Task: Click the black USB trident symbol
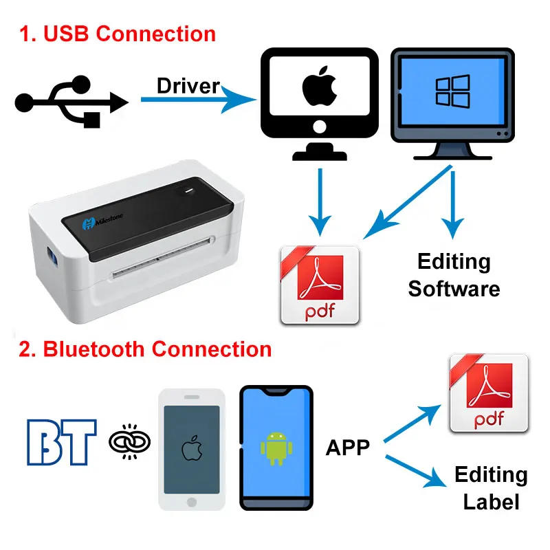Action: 71,102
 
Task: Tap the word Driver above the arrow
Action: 188,86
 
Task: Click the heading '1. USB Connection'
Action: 117,34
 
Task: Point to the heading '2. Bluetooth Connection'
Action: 145,349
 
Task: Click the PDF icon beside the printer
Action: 320,285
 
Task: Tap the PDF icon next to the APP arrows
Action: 488,394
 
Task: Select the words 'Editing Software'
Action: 454,275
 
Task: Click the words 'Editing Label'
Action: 491,488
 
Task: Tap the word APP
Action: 347,448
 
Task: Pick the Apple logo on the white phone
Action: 191,449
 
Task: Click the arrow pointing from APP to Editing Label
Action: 412,471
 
